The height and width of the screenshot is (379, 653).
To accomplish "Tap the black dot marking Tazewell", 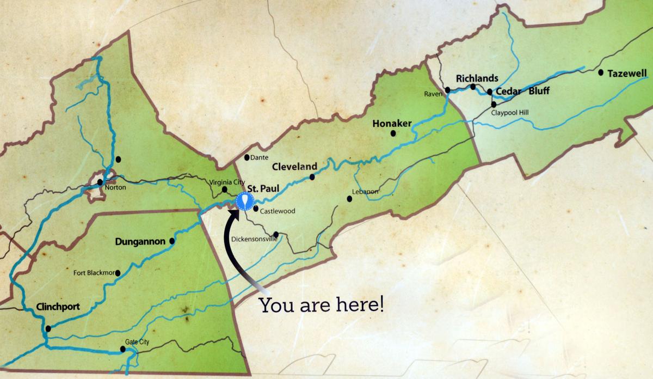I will click(x=601, y=72).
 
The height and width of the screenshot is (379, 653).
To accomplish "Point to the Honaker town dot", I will click(x=393, y=133).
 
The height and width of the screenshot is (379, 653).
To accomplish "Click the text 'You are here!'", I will click(x=321, y=304).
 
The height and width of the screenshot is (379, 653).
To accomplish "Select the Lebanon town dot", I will click(x=349, y=199).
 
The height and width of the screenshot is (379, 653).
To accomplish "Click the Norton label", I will click(x=116, y=187).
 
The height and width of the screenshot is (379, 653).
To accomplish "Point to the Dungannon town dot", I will click(x=173, y=241).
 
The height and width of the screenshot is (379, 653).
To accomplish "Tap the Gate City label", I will click(x=137, y=342).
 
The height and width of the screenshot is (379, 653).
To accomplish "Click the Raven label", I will click(x=432, y=94).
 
